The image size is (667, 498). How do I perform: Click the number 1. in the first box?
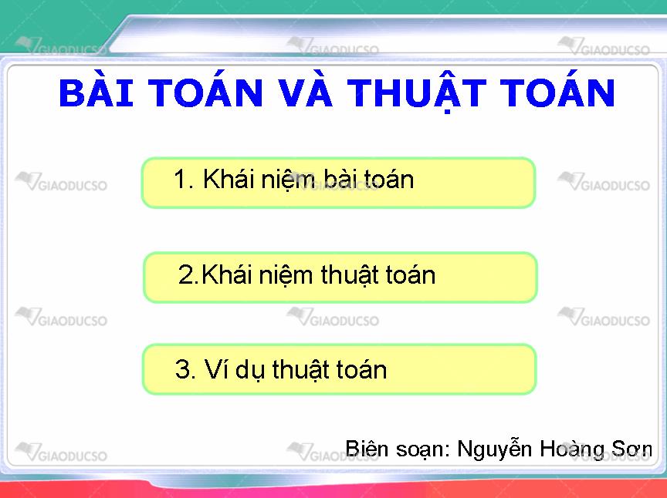[185, 179]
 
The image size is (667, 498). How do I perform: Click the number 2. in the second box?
[189, 274]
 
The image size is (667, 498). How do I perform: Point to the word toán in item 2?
[411, 274]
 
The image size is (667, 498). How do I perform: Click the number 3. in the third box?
[185, 369]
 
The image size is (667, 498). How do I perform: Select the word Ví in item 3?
[215, 368]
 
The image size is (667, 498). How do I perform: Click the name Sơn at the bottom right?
[631, 449]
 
